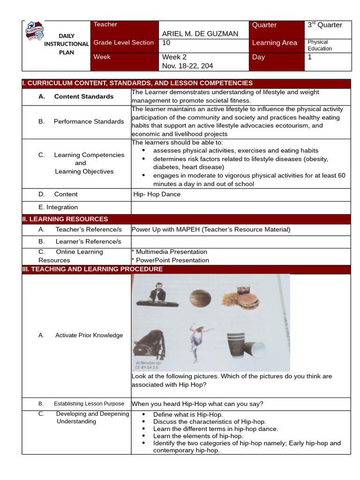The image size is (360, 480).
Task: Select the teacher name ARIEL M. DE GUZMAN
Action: (200, 34)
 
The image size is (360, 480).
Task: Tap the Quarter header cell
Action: (264, 25)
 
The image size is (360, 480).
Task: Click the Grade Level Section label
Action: (124, 43)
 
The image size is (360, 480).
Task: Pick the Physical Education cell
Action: (320, 45)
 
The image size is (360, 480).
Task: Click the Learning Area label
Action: (274, 43)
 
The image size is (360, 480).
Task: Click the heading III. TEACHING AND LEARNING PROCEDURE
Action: (92, 269)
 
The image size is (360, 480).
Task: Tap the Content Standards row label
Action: (83, 97)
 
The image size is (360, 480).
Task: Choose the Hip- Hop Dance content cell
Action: (157, 194)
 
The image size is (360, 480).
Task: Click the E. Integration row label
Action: (58, 207)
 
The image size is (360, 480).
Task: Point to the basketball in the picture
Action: (201, 299)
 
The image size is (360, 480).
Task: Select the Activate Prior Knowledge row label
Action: (89, 335)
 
